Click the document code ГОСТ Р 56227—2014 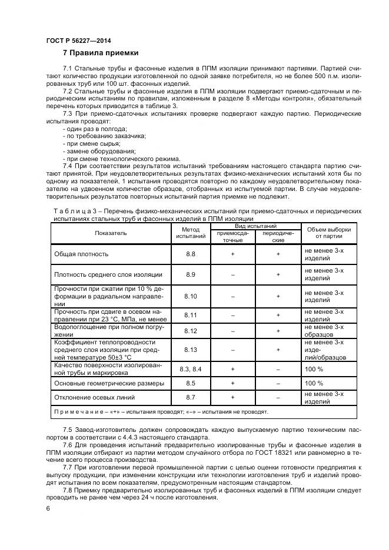point(78,41)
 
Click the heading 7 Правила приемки point(99,53)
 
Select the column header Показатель point(111,233)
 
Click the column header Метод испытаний point(191,233)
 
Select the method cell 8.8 point(191,254)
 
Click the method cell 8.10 point(191,297)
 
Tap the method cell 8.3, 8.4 point(191,368)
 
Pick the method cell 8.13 point(191,350)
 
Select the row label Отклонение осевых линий point(94,398)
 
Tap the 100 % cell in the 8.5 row point(314,383)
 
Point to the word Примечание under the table point(78,412)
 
